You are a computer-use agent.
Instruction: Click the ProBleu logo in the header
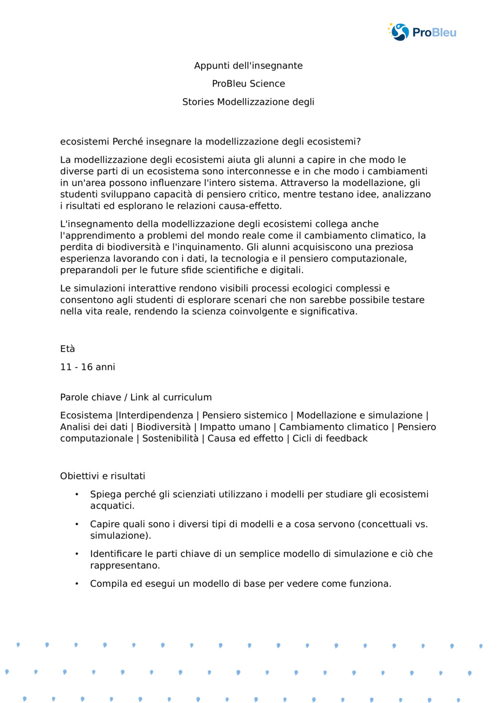[422, 32]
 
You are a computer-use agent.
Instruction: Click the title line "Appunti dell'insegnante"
[248, 66]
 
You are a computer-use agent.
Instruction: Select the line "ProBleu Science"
[248, 83]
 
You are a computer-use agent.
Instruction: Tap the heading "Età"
[67, 349]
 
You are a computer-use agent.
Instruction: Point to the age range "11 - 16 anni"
[87, 367]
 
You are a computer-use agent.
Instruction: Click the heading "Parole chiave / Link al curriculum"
[136, 397]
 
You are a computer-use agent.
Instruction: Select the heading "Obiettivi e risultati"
[102, 476]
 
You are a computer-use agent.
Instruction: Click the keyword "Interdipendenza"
[156, 415]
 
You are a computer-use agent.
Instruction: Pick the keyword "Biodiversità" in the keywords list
[164, 427]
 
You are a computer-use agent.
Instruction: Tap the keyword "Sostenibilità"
[170, 438]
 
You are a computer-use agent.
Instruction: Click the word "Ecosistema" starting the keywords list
[86, 415]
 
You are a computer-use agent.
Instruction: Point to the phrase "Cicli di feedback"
[330, 438]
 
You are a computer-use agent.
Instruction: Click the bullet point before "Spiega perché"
[77, 494]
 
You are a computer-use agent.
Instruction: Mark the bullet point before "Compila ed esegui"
[77, 584]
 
